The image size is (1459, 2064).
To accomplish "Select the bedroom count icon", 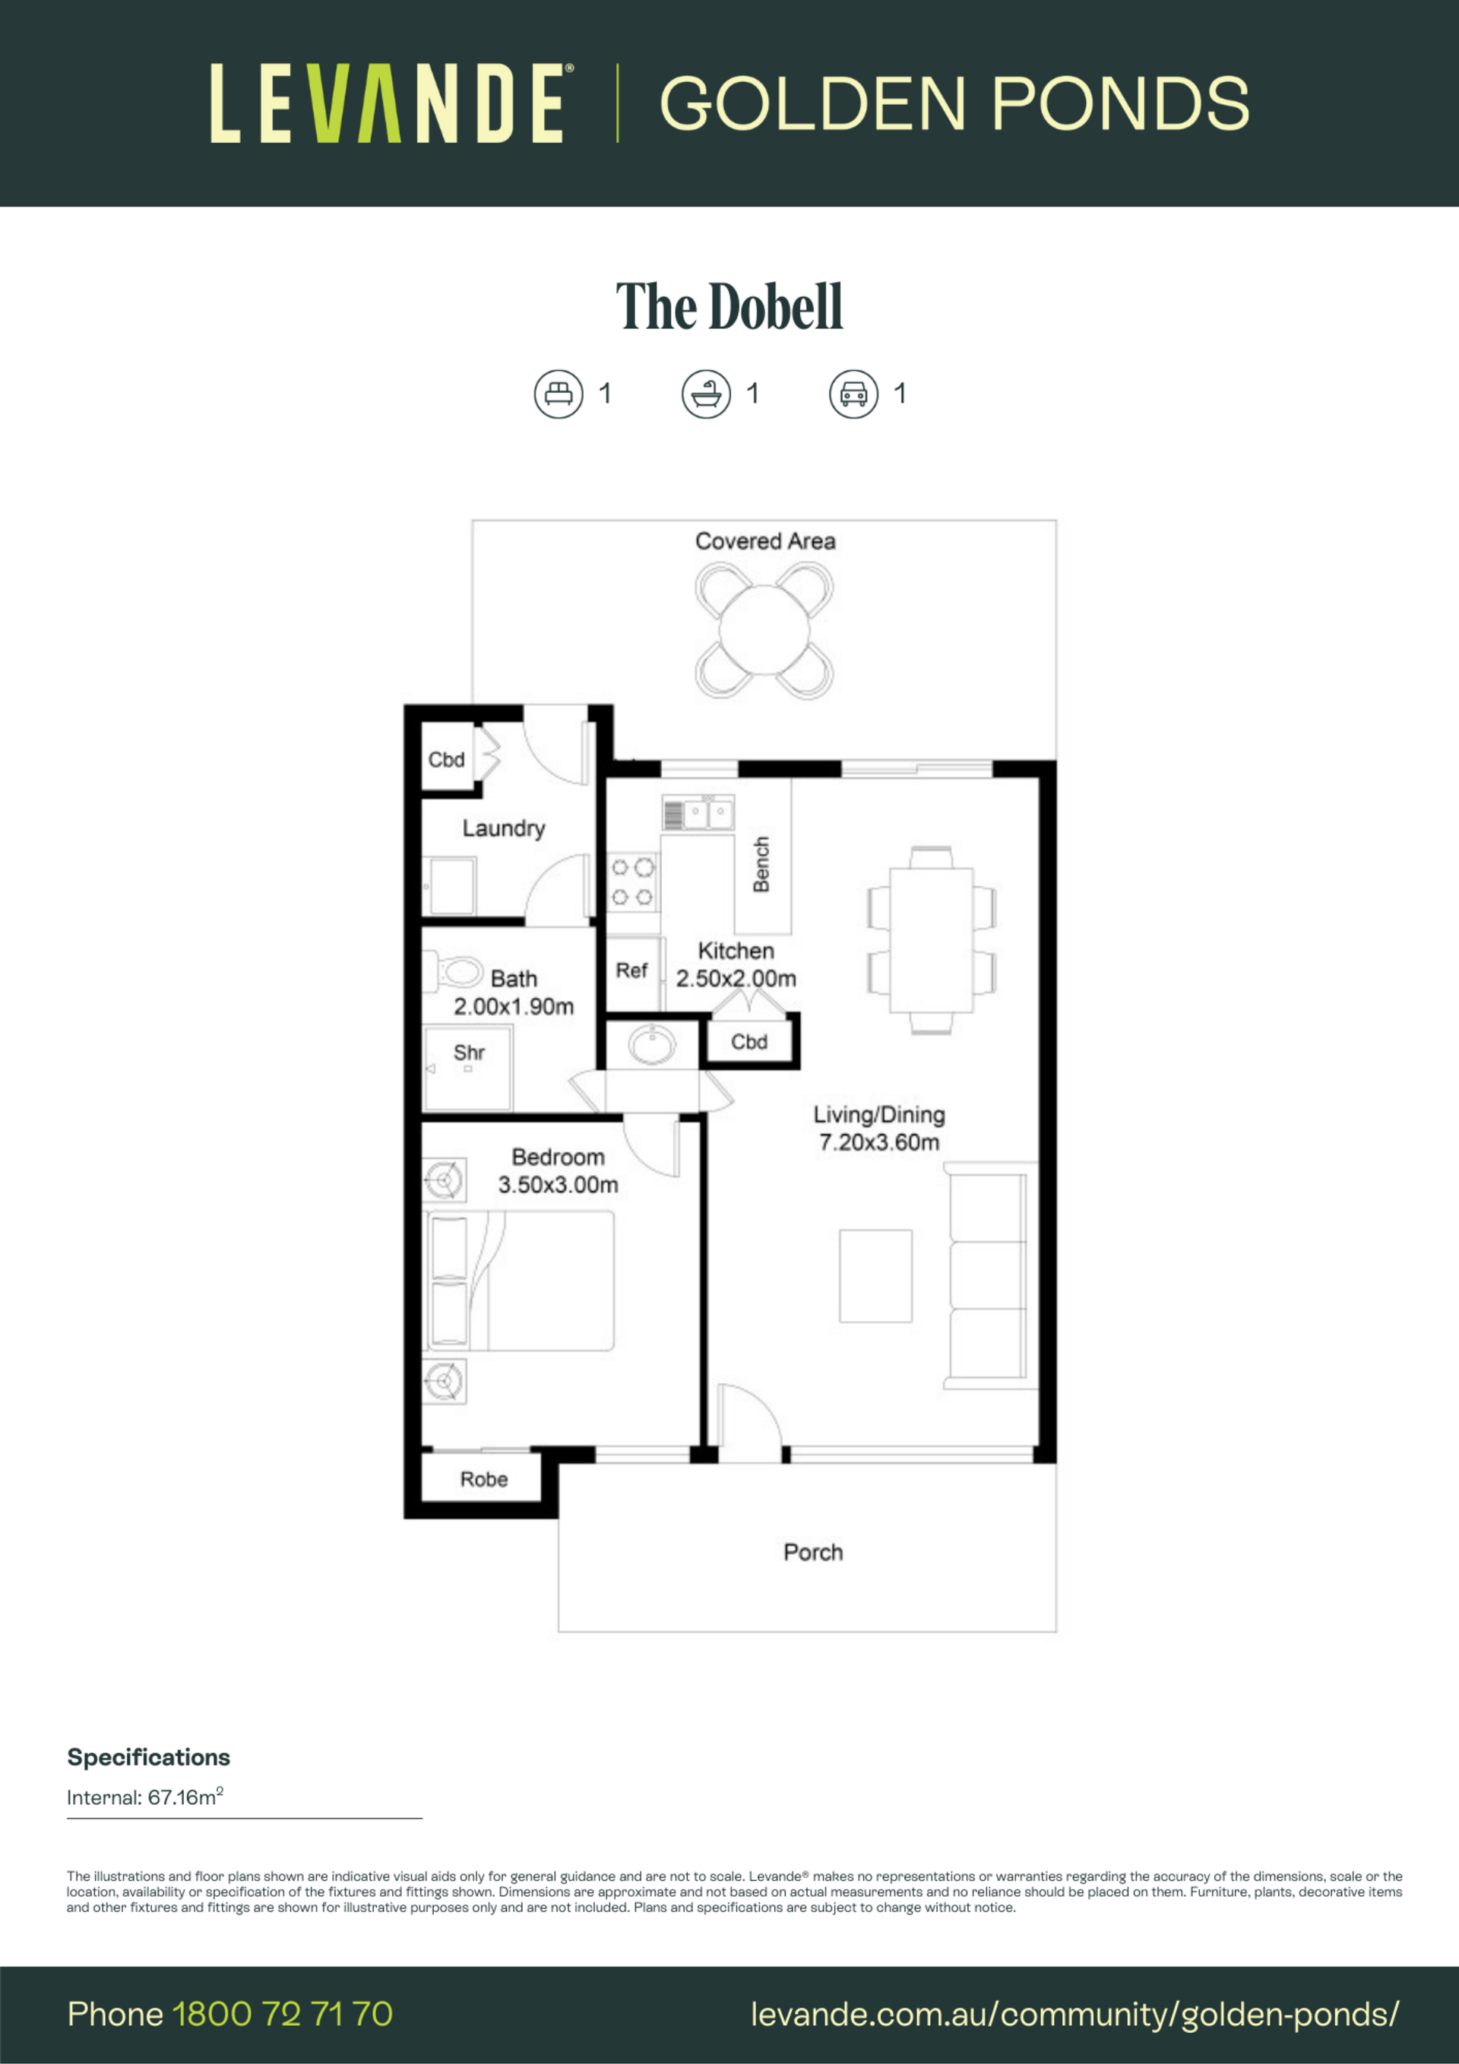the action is pos(559,394).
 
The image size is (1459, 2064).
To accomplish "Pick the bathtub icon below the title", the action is pos(706,394).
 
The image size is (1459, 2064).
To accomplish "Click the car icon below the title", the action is pos(853,394).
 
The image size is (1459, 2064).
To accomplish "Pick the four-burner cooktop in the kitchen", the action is pos(633,882).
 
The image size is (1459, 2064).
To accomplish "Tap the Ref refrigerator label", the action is pos(631,971).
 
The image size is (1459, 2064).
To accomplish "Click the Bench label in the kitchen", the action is pos(761,864).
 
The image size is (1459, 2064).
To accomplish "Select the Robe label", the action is pos(483,1479).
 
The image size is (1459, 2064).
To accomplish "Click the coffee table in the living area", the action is pos(875,1276).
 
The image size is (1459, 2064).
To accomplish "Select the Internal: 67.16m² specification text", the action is pos(144,1797).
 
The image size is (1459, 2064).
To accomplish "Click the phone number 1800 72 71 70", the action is pos(282,2014).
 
